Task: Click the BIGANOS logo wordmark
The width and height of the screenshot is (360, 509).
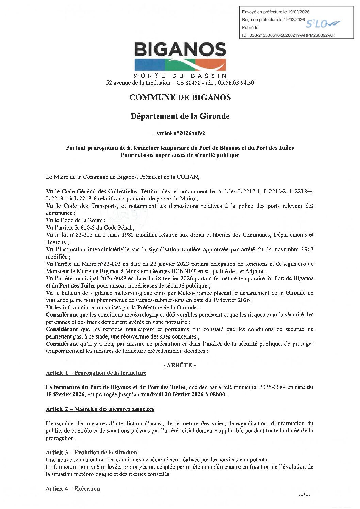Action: [180, 50]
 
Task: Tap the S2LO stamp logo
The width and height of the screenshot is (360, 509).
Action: [322, 24]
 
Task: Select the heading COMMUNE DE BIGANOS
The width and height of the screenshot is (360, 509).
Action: [180, 98]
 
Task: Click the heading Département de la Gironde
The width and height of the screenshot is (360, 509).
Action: [180, 116]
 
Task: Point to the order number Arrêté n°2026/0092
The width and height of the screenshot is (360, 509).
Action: [180, 133]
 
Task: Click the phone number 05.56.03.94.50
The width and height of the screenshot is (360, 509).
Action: [236, 83]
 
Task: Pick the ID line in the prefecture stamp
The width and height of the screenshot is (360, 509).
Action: [288, 35]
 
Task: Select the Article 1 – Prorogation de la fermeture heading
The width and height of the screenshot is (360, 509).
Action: [96, 373]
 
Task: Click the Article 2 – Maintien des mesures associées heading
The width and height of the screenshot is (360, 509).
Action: [100, 409]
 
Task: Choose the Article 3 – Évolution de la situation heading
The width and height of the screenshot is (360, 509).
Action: [91, 453]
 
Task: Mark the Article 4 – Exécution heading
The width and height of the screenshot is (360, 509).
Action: [73, 489]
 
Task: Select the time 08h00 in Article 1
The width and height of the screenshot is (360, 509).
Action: [218, 395]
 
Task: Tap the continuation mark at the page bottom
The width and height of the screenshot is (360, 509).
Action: [304, 494]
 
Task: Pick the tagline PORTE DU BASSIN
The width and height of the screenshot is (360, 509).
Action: [180, 76]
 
